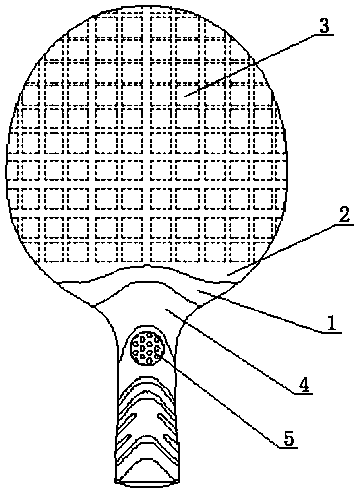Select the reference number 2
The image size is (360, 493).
point(344,216)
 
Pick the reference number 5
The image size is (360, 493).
point(288,437)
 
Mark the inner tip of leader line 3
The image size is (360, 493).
point(184,97)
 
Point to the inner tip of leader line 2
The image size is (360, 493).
point(228,276)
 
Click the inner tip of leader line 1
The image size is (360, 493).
point(197,291)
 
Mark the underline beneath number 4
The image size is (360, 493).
point(303,393)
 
